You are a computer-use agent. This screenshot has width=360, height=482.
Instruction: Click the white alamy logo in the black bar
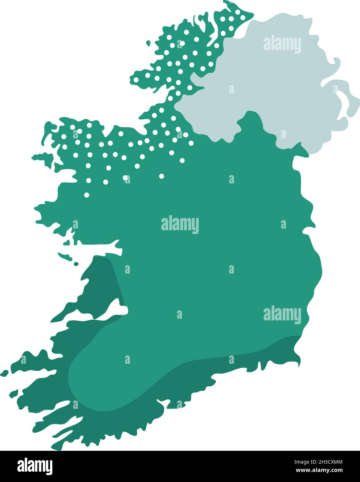pos(35,466)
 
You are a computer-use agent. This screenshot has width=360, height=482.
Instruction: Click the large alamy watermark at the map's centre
pos(180,224)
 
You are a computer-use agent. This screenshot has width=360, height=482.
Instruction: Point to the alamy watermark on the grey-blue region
pos(282,44)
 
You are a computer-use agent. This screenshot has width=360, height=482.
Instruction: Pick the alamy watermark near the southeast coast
pos(282,315)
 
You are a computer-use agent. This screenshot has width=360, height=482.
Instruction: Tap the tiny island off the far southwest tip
pos(4,373)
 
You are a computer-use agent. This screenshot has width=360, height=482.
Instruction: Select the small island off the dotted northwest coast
pos(148,43)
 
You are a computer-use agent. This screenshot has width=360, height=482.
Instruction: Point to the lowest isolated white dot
pos(87,195)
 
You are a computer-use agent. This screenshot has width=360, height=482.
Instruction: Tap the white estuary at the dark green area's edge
pos(108,310)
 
